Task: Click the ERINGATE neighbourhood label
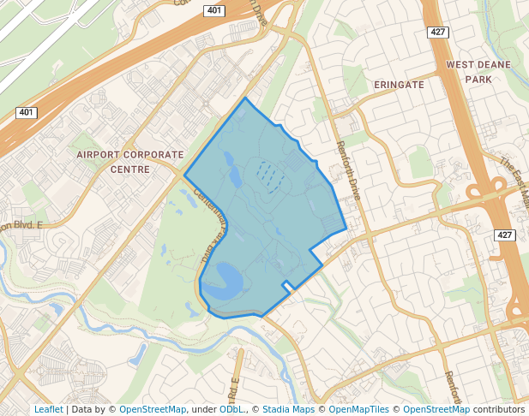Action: [x=399, y=85]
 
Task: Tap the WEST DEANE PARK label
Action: [x=478, y=72]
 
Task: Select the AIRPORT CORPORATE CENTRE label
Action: [x=129, y=162]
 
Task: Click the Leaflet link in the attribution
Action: [x=48, y=409]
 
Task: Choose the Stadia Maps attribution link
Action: [x=288, y=409]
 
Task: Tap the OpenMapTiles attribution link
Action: [x=359, y=409]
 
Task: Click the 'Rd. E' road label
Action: [x=234, y=393]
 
